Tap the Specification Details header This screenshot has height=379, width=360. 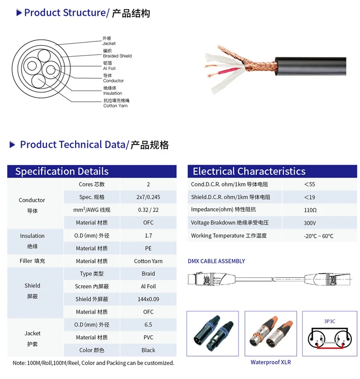click(62, 171)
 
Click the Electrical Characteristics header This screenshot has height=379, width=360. click(249, 171)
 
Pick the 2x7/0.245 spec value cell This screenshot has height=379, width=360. click(148, 197)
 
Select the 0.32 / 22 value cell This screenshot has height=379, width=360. click(148, 210)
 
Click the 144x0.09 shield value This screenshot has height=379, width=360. click(148, 299)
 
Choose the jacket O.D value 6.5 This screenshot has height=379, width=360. click(148, 325)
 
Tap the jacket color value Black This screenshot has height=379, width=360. click(148, 350)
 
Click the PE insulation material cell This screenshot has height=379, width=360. click(148, 248)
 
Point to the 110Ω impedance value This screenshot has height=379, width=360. click(310, 210)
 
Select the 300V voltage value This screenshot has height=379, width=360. click(310, 223)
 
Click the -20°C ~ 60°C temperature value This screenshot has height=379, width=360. click(318, 236)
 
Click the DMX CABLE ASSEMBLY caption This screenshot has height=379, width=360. click(216, 261)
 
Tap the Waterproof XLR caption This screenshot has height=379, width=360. click(270, 362)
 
